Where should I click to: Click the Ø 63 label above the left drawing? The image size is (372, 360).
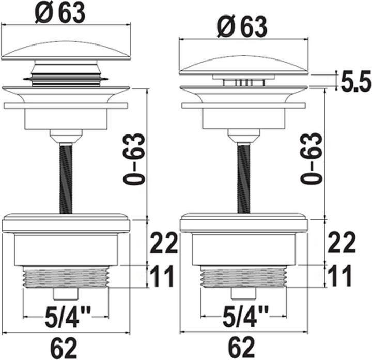point(60,13)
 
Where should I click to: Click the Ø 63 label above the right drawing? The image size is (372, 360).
point(242,26)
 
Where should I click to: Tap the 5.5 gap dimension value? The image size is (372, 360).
point(356,81)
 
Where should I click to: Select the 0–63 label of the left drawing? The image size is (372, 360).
point(134,159)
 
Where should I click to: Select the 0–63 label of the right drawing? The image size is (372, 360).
point(312,158)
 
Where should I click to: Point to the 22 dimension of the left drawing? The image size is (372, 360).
point(164,242)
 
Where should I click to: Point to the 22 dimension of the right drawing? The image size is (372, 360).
point(342,242)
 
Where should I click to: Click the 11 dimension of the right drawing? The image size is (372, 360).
point(340,276)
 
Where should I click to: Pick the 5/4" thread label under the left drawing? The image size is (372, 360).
point(68,317)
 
